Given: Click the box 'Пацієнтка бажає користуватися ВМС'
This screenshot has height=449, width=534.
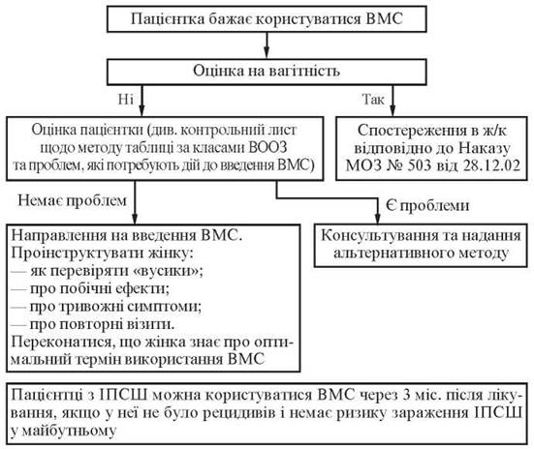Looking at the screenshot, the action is (x=267, y=19).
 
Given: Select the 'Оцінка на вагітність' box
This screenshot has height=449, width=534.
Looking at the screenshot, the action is (x=267, y=72).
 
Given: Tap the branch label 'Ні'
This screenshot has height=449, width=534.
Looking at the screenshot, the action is (x=126, y=100).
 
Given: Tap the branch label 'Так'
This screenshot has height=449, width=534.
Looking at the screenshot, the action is (x=373, y=100).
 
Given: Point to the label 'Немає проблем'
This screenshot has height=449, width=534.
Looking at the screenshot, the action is (x=72, y=200).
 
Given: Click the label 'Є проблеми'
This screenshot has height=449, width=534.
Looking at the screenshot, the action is (x=427, y=206).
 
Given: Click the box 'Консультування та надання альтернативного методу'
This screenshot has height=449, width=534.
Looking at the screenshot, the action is (x=421, y=245).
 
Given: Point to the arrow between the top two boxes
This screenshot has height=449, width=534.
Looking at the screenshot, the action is (x=267, y=45).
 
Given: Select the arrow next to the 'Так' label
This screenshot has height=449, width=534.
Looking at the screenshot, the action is (x=393, y=101).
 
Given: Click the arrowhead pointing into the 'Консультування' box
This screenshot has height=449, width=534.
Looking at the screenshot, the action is (x=377, y=219).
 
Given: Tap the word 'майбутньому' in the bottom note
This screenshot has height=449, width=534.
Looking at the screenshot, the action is (x=69, y=432).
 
